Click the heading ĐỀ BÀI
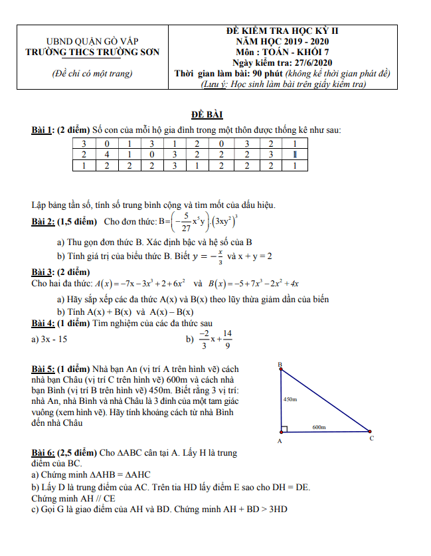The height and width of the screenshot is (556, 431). tap(215, 114)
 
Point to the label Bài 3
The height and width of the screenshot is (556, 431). tap(43, 272)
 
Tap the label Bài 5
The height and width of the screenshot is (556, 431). tap(43, 369)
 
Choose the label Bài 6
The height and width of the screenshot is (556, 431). tap(43, 453)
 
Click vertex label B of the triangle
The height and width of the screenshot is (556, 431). tap(280, 365)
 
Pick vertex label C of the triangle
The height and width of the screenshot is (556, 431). tap(371, 438)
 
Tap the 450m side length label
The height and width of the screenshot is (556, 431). tap(290, 399)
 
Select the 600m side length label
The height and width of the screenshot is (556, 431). tap(319, 428)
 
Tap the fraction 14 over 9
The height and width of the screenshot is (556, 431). tap(228, 339)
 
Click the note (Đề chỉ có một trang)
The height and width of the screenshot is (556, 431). tap(92, 74)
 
